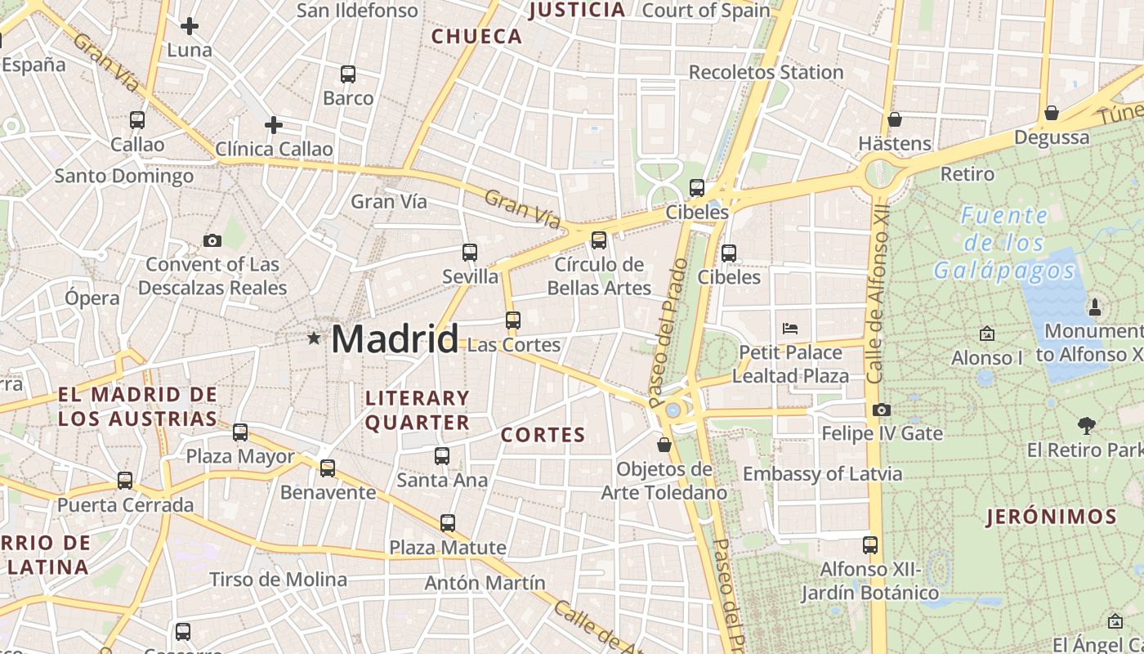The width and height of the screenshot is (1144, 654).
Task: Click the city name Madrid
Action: click(395, 338)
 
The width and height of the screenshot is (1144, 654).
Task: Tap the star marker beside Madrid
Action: click(314, 338)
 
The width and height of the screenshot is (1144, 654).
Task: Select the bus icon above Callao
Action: click(137, 120)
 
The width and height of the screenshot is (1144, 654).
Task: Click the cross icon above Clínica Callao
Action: click(274, 125)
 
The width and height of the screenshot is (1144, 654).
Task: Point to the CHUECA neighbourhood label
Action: click(476, 36)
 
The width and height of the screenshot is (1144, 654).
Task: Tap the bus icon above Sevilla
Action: click(470, 253)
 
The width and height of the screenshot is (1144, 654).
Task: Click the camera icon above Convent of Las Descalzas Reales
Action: click(212, 240)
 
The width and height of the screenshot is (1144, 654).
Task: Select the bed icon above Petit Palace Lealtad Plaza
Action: click(790, 329)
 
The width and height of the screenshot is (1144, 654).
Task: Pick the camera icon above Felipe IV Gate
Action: click(882, 410)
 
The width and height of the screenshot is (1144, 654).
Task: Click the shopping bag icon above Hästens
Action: click(895, 119)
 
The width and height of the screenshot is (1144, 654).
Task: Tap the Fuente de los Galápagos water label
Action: click(1004, 243)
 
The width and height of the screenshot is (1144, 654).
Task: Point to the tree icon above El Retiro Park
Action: click(1086, 425)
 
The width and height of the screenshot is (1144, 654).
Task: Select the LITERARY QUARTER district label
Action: click(418, 410)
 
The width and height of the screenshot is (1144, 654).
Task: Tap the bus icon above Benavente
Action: click(328, 468)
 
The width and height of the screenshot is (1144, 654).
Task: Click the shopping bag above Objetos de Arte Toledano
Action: click(664, 445)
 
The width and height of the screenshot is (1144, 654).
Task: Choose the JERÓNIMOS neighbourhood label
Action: click(1052, 517)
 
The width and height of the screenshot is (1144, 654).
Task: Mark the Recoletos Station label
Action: click(766, 72)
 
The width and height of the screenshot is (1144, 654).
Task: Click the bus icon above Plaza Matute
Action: click(448, 523)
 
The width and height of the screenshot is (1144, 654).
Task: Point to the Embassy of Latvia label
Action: click(822, 473)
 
